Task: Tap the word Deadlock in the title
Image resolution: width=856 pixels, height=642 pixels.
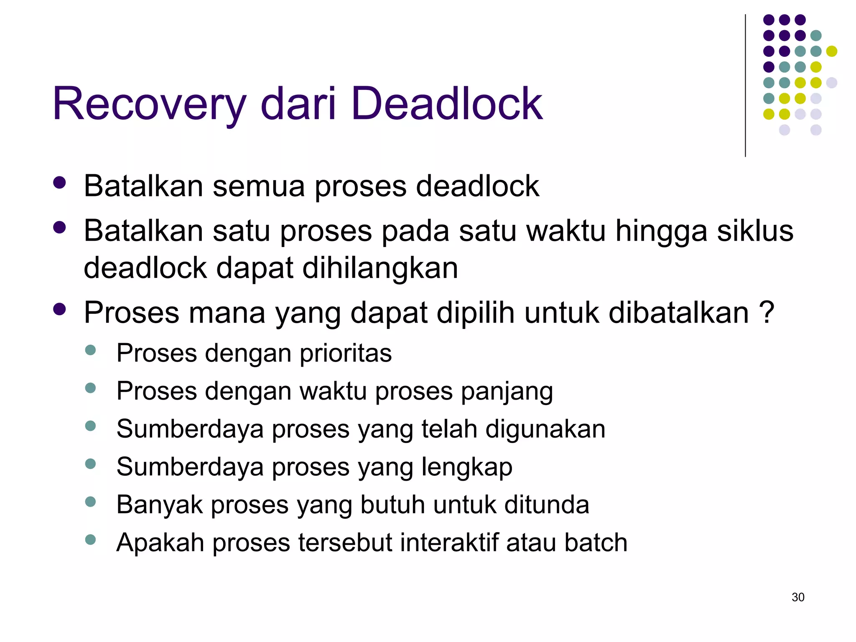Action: (x=447, y=103)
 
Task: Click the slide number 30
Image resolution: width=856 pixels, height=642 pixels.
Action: (x=798, y=597)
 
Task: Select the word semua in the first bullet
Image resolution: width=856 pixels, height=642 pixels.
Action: (x=258, y=186)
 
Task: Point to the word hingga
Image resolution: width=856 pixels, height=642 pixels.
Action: (x=662, y=231)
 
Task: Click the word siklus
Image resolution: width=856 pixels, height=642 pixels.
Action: (x=755, y=231)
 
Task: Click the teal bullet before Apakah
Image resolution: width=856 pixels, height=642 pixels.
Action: (x=90, y=540)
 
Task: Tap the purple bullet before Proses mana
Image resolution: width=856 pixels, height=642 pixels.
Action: (x=60, y=309)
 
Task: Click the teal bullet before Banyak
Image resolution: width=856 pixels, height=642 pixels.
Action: (x=90, y=502)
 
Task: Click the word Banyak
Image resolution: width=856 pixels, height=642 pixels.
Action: (x=160, y=505)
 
